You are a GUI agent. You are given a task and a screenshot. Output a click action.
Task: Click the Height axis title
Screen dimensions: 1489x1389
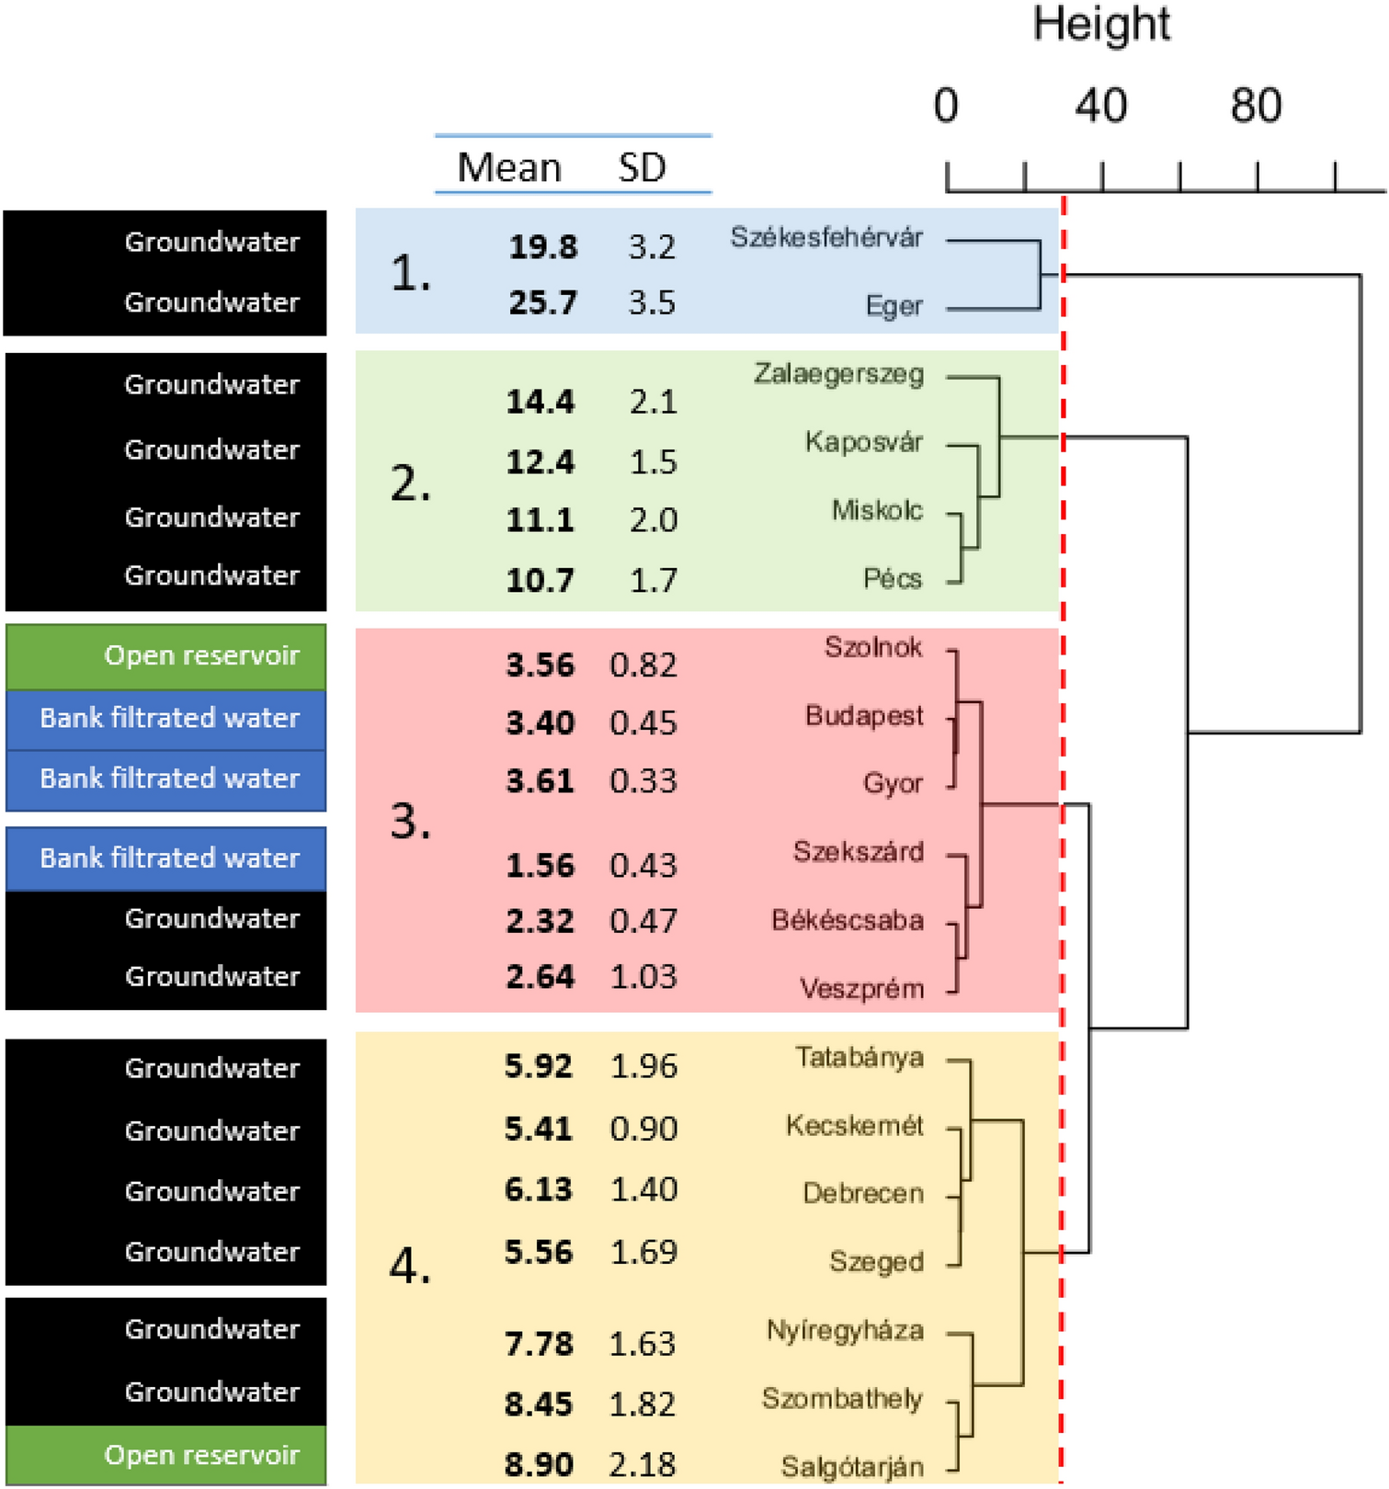coord(1100,25)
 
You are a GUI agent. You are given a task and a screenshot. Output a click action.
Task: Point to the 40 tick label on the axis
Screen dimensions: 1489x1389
coord(1100,106)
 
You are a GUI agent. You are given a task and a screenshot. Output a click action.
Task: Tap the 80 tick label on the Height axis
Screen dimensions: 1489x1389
coord(1256,106)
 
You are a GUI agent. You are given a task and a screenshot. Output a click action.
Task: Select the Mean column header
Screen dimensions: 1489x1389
coord(508,167)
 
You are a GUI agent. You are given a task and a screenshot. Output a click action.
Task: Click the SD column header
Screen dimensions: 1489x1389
coord(642,167)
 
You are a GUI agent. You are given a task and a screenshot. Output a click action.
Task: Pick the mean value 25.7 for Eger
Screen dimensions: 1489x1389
coord(542,302)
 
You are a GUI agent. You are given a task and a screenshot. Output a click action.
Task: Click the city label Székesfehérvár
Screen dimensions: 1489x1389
coord(825,237)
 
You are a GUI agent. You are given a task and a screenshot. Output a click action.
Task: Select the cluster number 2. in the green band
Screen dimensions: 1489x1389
coord(410,483)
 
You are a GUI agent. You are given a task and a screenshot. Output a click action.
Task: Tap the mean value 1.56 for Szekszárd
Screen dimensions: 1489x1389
coord(540,865)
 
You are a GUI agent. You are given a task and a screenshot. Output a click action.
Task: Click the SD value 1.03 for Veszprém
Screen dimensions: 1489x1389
coord(643,976)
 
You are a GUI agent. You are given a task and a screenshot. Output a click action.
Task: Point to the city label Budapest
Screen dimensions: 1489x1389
coord(863,715)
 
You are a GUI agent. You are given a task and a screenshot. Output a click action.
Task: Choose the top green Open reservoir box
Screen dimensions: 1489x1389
coord(166,656)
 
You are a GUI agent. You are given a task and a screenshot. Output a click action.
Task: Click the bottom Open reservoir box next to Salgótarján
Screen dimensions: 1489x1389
coord(166,1455)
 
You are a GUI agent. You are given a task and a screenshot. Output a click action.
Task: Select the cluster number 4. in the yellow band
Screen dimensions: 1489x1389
coord(410,1268)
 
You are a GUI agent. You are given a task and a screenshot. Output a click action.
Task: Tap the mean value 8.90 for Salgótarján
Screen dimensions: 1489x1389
coord(539,1464)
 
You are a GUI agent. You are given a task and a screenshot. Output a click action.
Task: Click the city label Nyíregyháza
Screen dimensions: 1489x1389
coord(844,1330)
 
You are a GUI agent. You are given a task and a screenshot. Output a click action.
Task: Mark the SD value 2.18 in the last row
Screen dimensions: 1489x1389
coord(643,1464)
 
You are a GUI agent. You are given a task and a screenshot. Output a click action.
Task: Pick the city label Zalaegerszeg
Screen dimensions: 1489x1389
coord(838,374)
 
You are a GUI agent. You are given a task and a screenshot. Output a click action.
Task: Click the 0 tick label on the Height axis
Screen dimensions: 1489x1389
coord(946,106)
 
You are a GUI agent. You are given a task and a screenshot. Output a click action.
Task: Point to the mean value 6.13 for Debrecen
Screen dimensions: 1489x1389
coord(539,1189)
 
